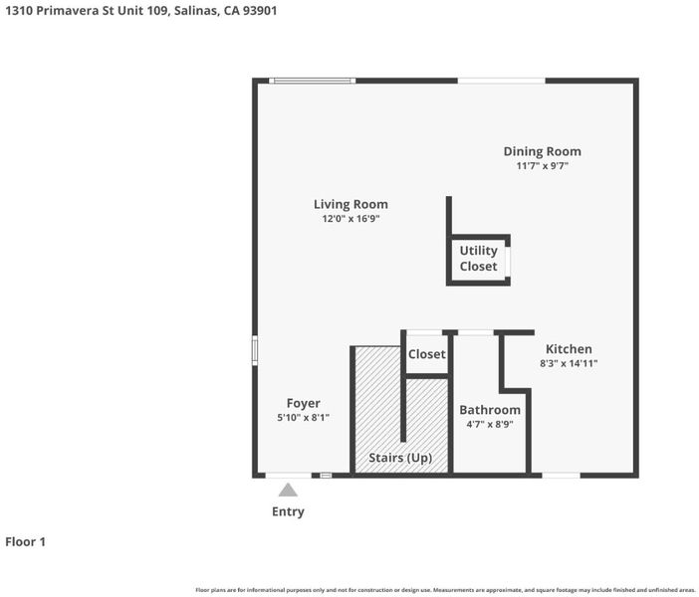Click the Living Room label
point(350,204)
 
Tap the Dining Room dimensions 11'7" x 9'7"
point(542,166)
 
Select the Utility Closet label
point(478,259)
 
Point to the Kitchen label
point(569,349)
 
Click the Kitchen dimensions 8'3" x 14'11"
point(569,363)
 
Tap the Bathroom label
point(490,410)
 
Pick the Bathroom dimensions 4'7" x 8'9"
point(490,424)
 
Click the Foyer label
point(303,403)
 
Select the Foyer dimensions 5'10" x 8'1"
point(303,418)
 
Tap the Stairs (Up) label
point(400,458)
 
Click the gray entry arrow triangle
point(288,491)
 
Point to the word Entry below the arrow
point(288,511)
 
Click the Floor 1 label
point(26,541)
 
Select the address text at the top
point(140,11)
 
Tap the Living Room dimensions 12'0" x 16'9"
point(350,218)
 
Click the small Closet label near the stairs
point(426,354)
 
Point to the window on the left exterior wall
point(255,350)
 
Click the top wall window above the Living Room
point(312,81)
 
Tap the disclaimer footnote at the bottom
point(445,590)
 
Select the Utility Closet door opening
point(508,260)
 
